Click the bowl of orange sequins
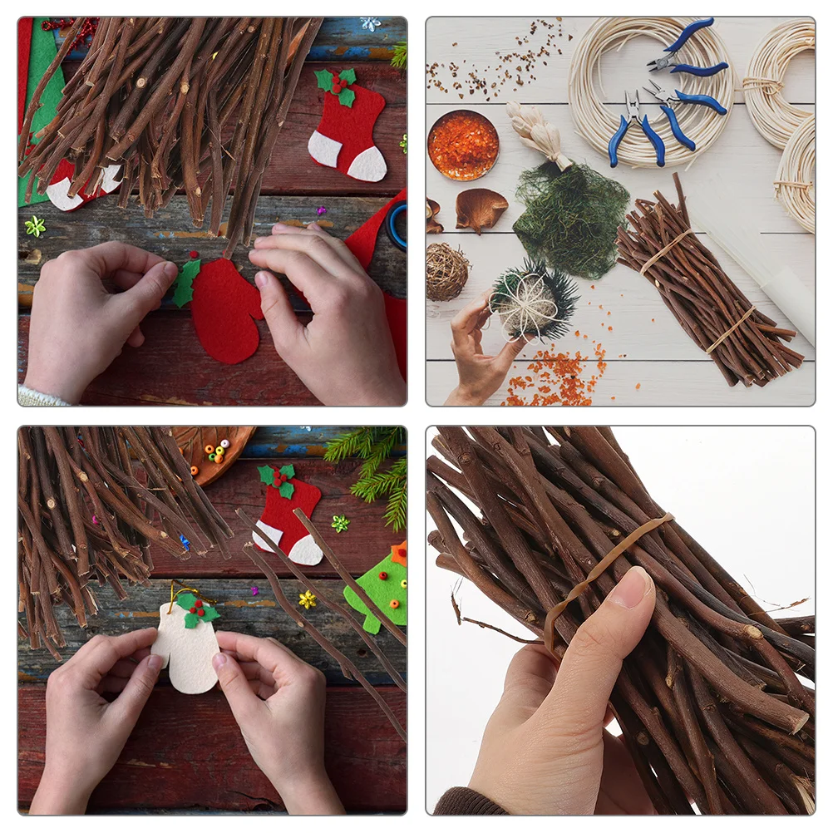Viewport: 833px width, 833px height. (x=463, y=145)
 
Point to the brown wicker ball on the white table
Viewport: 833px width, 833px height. (x=446, y=271)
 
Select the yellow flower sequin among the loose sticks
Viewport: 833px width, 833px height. (x=308, y=599)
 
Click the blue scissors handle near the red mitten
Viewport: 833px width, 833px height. (x=397, y=225)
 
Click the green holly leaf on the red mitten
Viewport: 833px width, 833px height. (x=186, y=283)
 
